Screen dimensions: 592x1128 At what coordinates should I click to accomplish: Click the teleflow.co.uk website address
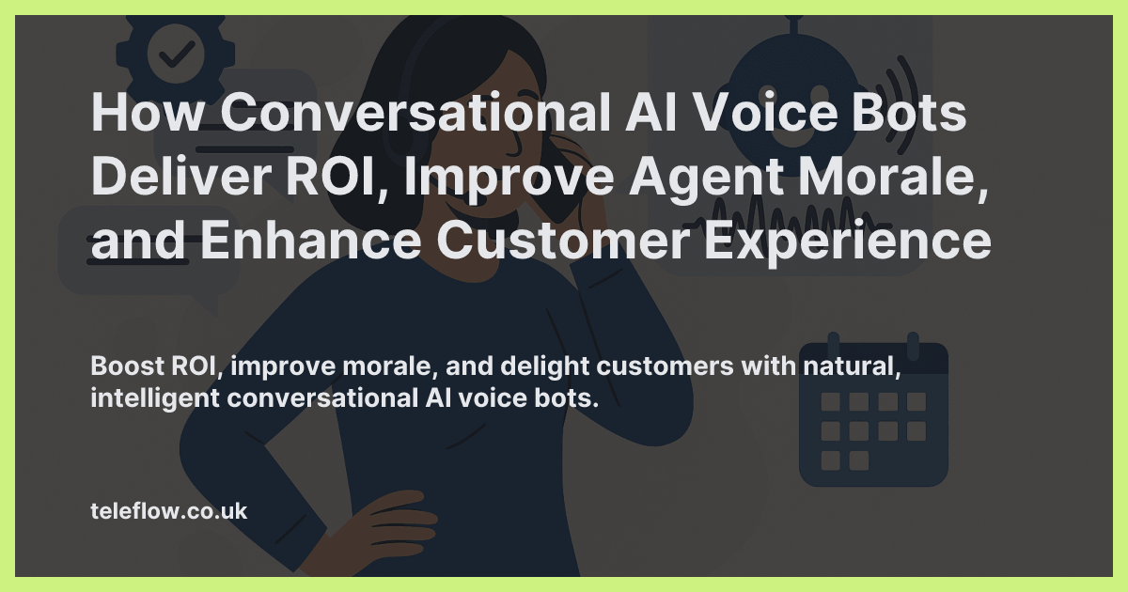[168, 511]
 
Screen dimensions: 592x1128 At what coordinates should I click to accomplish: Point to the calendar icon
[873, 413]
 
